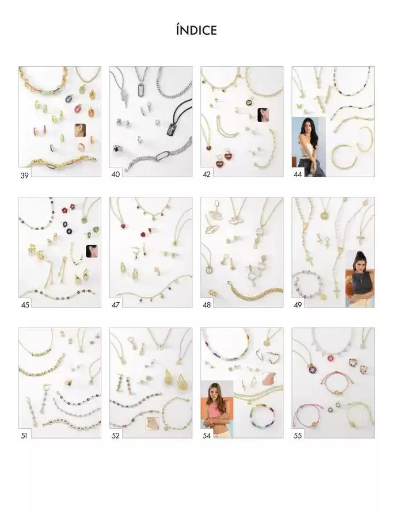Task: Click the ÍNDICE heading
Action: pyautogui.click(x=196, y=31)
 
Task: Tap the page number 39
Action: pyautogui.click(x=24, y=176)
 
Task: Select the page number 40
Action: pyautogui.click(x=116, y=174)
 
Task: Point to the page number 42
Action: pyautogui.click(x=207, y=174)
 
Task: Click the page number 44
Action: pyautogui.click(x=298, y=174)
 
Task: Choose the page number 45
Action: pyautogui.click(x=25, y=304)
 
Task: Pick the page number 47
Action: pyautogui.click(x=116, y=304)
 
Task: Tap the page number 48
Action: pyautogui.click(x=207, y=304)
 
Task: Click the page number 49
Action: pyautogui.click(x=298, y=304)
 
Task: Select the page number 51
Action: pyautogui.click(x=24, y=436)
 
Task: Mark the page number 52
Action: pyautogui.click(x=115, y=436)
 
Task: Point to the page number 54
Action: pyautogui.click(x=207, y=436)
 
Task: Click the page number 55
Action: pyautogui.click(x=298, y=436)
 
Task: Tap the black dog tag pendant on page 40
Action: pyautogui.click(x=173, y=128)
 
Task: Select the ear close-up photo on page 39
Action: pyautogui.click(x=80, y=130)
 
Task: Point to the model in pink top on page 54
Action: pyautogui.click(x=217, y=409)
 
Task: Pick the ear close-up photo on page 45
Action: pyautogui.click(x=92, y=252)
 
